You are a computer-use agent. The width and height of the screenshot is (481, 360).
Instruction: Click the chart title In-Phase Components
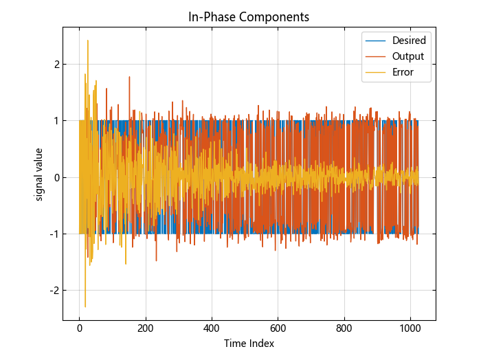[x=249, y=16]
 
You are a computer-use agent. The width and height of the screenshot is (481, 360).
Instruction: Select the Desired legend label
[x=409, y=41]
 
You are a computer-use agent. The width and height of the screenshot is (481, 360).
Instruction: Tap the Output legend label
[x=407, y=56]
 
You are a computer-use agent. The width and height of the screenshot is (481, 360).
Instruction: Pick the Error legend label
[x=403, y=72]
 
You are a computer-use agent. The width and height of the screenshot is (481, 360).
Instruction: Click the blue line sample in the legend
[x=376, y=41]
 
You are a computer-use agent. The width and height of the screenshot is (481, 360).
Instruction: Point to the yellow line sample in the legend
[x=376, y=72]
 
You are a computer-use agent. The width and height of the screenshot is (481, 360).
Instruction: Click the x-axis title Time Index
[x=249, y=344]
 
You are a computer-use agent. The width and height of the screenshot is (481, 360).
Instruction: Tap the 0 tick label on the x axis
[x=79, y=329]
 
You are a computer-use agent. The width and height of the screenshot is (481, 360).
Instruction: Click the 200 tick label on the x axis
[x=146, y=329]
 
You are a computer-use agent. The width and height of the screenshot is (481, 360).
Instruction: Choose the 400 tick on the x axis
[x=212, y=329]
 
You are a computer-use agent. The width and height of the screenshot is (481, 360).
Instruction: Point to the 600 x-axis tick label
[x=278, y=329]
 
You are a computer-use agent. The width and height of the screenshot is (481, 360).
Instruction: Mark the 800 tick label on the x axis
[x=344, y=329]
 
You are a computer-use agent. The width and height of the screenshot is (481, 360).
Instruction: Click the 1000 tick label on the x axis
[x=410, y=329]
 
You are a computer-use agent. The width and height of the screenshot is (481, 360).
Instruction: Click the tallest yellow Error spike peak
[x=87, y=41]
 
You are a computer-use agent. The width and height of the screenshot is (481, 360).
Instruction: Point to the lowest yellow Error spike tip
[x=85, y=306]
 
